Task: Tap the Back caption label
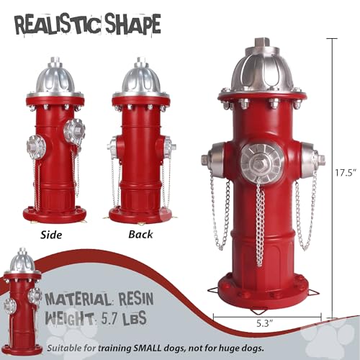140,235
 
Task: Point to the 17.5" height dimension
346,173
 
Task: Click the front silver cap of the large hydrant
261,158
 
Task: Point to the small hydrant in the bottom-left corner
22,295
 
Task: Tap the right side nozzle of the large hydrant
310,158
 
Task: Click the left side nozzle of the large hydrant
213,160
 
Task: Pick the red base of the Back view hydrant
141,214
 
